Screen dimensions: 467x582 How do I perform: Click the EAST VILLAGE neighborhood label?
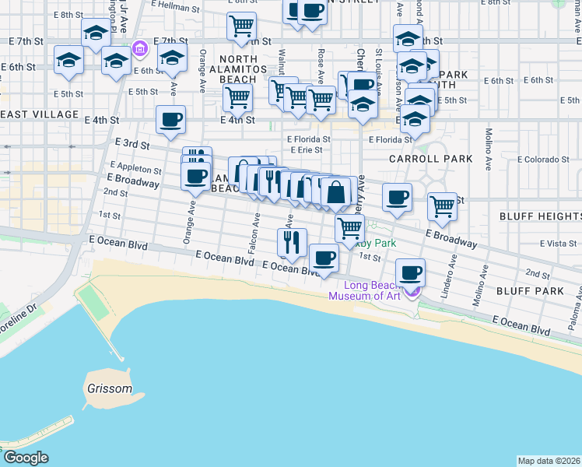point(40,114)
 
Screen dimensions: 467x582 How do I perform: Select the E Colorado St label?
point(543,160)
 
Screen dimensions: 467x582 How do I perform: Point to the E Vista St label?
point(556,244)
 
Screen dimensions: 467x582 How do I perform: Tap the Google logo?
point(26,458)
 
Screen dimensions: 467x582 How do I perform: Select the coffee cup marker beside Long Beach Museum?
point(410,273)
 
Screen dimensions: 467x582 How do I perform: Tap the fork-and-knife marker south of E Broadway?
point(292,243)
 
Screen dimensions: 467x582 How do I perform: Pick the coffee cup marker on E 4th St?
point(171,120)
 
